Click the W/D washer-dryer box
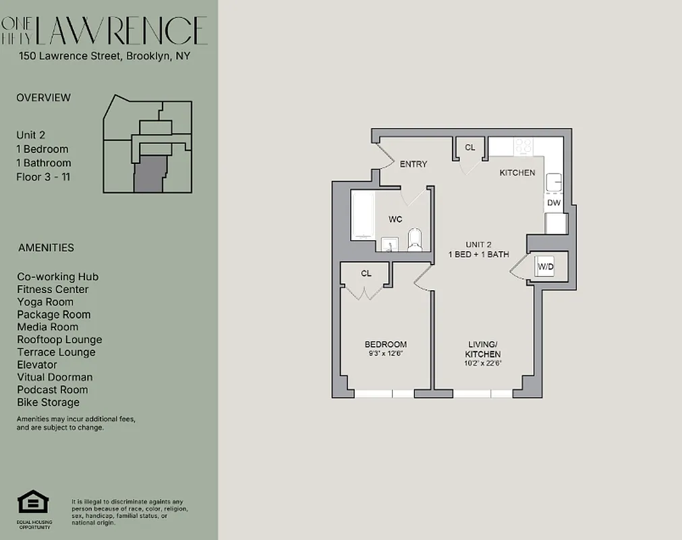tap(545, 267)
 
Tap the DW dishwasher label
tap(553, 202)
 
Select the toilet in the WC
tap(414, 240)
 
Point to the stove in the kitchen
tap(524, 146)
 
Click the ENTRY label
tap(414, 164)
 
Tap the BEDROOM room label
tap(386, 344)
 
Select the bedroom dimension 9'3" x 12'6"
tap(386, 353)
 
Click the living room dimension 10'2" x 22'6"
tap(484, 363)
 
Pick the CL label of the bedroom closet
tap(366, 273)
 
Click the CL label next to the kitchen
tap(470, 147)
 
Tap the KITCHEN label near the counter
tap(517, 173)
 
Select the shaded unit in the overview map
tap(148, 174)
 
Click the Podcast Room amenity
tap(53, 389)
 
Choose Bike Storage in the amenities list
tap(49, 402)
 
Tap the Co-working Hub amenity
tap(58, 277)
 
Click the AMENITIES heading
tap(46, 248)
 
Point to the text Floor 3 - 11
tap(43, 177)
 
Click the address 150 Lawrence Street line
tap(105, 56)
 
